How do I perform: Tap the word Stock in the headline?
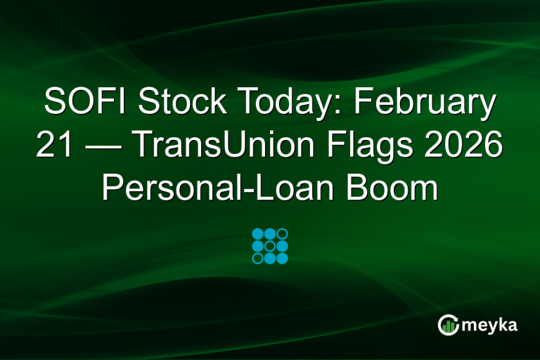[x=182, y=103]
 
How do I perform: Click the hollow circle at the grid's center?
[x=270, y=246]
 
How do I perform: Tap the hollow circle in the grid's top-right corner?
[x=283, y=233]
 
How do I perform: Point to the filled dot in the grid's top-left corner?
[x=257, y=233]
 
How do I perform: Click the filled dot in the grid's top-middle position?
[x=270, y=233]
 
